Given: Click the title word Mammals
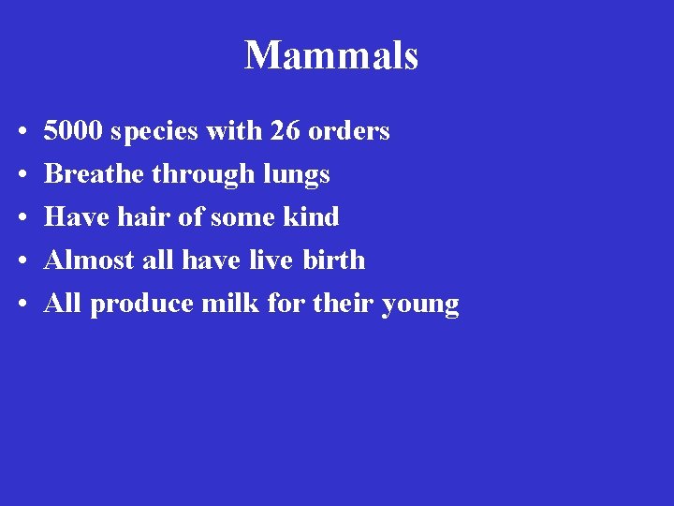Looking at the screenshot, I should pos(331,56).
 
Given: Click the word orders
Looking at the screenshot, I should pos(348,131).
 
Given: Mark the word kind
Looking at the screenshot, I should pos(312,217).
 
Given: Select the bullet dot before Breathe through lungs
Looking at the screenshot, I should pos(21,175).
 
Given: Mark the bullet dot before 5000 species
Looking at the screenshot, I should pos(21,132).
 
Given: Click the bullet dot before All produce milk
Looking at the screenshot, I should pos(21,305).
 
